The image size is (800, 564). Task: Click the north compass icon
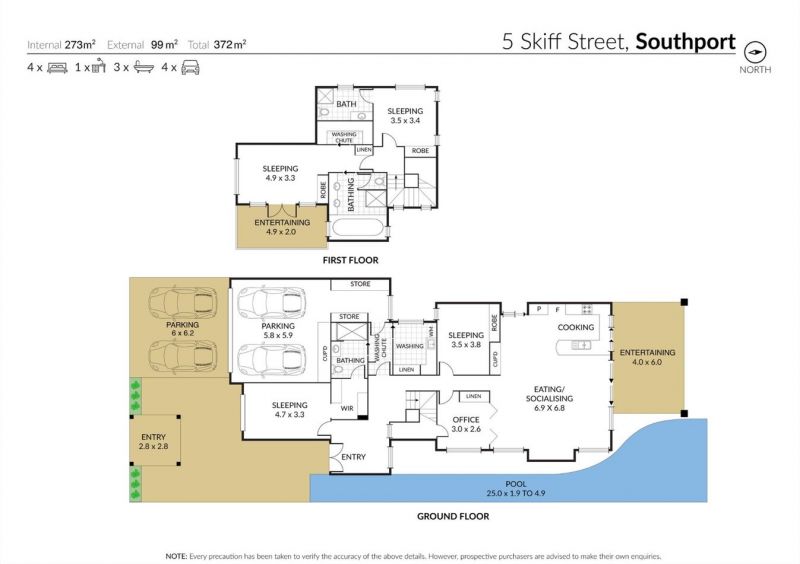click(755, 52)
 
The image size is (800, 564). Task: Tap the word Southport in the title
click(685, 42)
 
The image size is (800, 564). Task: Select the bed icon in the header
click(57, 67)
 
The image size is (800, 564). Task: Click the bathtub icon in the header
click(144, 67)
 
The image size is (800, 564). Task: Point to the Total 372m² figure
click(217, 44)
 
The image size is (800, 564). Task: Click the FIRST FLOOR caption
click(351, 260)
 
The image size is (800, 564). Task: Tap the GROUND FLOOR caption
click(453, 517)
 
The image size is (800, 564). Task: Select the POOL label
click(516, 484)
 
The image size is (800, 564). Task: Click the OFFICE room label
click(466, 420)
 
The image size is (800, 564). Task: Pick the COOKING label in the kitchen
click(576, 327)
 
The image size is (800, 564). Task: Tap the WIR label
click(347, 408)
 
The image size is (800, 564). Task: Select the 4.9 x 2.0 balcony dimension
click(281, 232)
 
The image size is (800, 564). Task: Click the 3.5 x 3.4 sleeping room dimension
click(405, 120)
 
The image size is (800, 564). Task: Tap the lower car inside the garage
click(271, 360)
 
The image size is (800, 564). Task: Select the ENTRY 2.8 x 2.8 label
click(154, 442)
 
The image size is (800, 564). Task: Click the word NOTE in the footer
click(176, 556)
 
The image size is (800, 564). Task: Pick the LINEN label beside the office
click(473, 396)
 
